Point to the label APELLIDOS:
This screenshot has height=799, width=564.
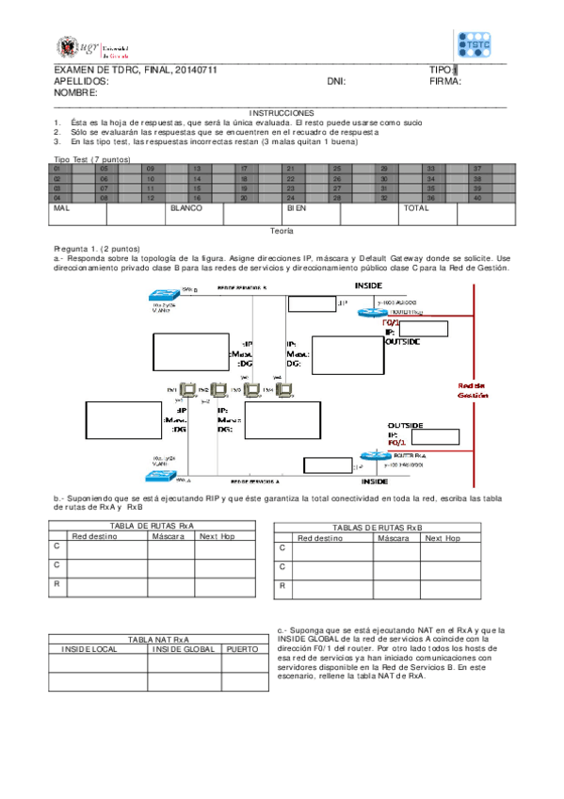(x=82, y=82)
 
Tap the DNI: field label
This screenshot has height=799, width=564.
(x=336, y=82)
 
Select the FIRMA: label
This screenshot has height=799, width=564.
(x=444, y=82)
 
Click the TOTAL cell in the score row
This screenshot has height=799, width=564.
(x=415, y=207)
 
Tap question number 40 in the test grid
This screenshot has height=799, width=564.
(x=478, y=198)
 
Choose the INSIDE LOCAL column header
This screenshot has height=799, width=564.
(x=89, y=649)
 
